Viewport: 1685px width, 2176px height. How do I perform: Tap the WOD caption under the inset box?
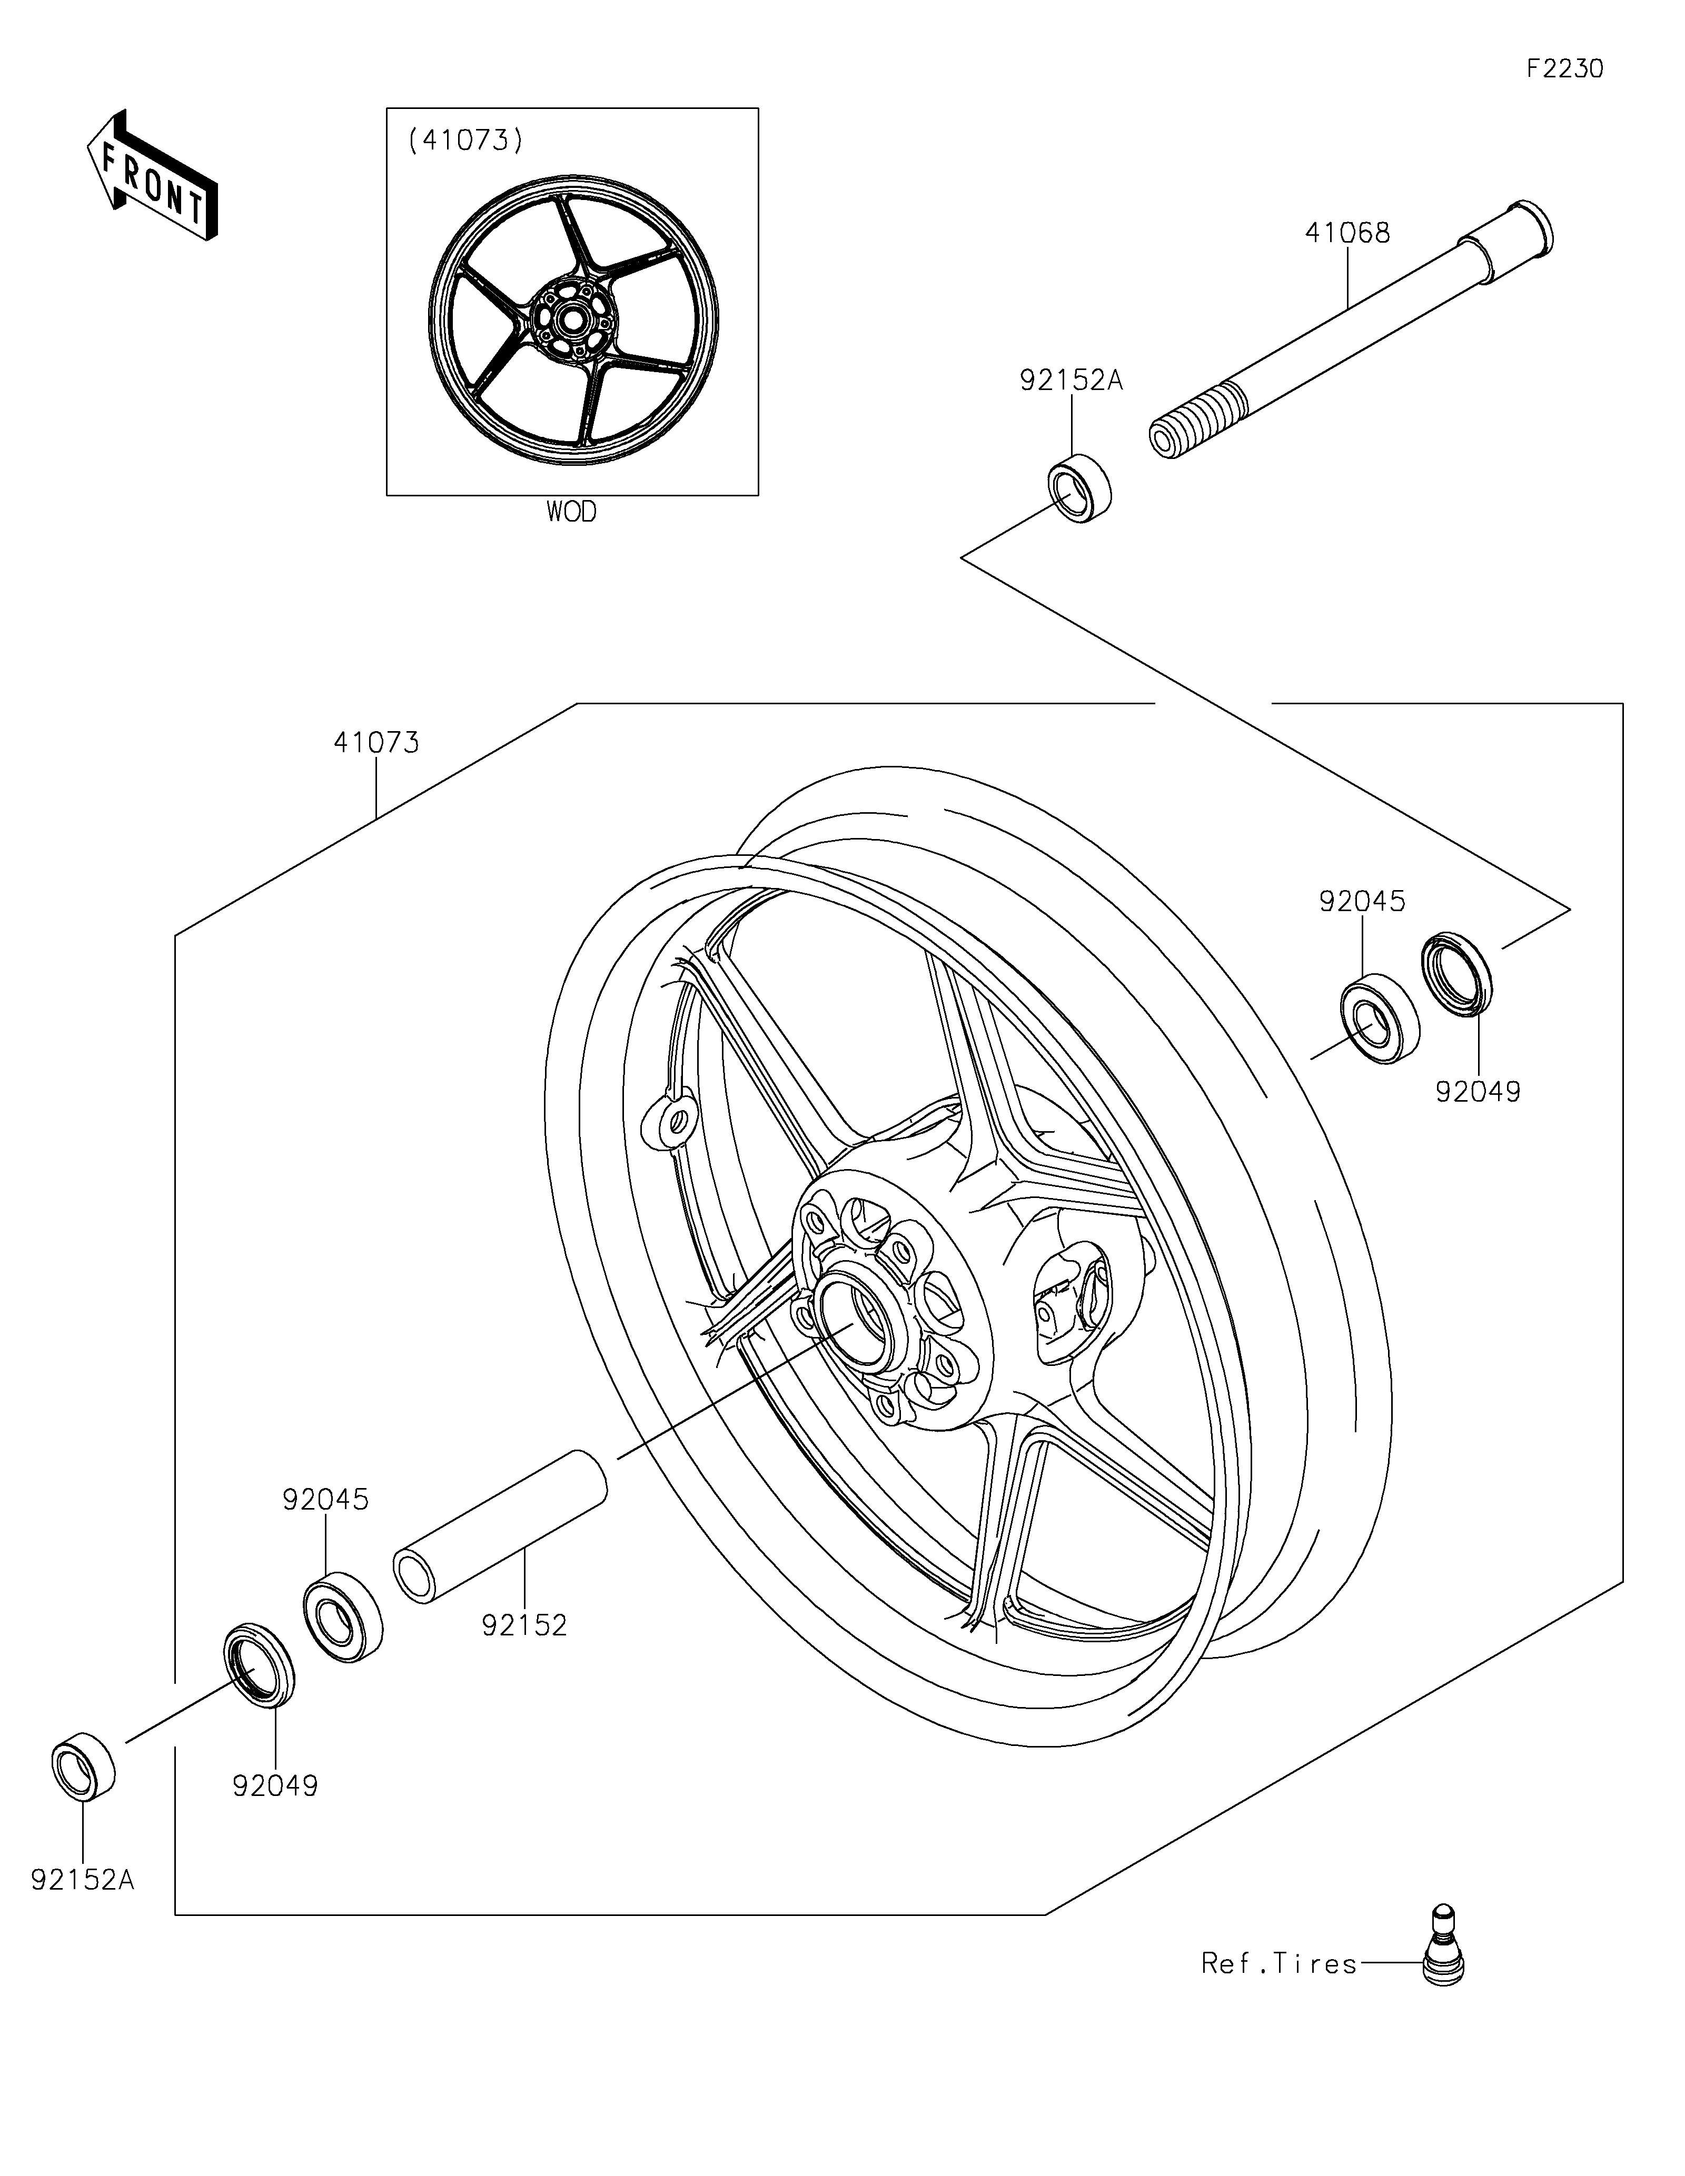coord(571,512)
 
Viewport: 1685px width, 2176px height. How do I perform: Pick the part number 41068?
coord(1347,233)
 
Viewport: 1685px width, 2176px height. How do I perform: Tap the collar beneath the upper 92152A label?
coord(1080,488)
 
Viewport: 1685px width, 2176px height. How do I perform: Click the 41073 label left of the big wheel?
coord(376,742)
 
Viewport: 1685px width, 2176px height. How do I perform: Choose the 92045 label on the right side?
coord(1362,902)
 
